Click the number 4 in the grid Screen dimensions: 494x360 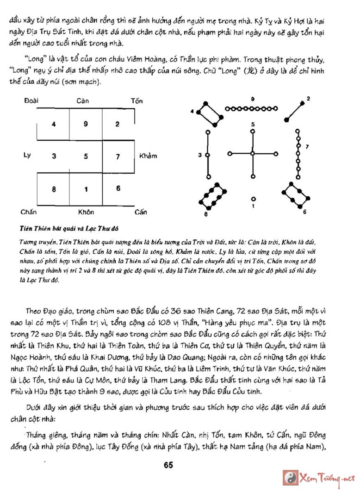pos(54,124)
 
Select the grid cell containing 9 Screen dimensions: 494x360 pos(86,124)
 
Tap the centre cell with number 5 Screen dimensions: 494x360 pos(86,156)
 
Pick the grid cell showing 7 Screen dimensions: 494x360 pos(118,156)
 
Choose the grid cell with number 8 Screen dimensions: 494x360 pos(54,189)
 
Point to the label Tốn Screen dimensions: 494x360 pos(137,100)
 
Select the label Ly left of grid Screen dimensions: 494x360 pos(27,155)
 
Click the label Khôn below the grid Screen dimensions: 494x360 pos(86,212)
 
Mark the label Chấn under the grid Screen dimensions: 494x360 pos(28,212)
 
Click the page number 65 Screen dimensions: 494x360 pos(168,465)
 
